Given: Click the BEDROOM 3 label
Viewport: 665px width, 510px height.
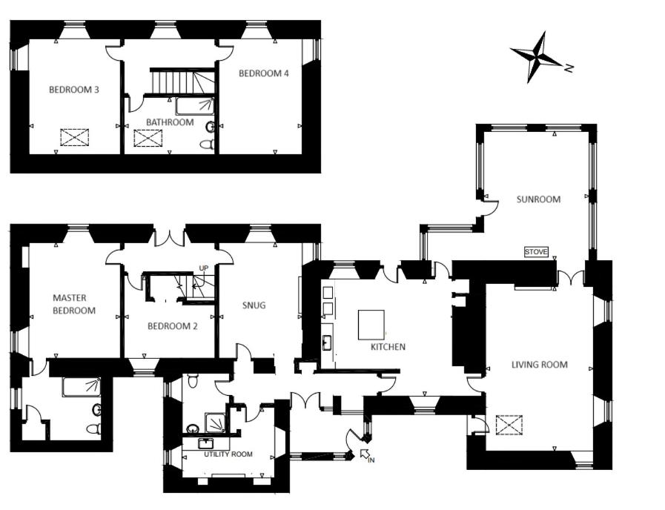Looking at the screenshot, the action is click(74, 90).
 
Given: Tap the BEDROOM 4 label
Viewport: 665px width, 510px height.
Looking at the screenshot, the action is click(264, 73).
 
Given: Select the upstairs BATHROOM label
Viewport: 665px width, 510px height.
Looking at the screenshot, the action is click(170, 122).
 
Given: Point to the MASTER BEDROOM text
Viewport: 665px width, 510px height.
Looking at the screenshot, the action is click(74, 304).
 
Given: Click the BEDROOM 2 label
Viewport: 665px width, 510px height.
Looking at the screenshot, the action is click(172, 326).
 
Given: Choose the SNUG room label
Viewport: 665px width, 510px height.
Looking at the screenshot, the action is click(254, 305).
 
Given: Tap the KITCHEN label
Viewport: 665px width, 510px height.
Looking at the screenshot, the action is click(388, 347).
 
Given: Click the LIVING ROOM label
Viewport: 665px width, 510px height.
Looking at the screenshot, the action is click(539, 365).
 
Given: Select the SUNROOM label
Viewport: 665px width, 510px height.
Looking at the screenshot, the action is click(538, 199).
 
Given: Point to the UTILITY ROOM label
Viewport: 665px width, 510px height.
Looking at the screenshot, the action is click(228, 454).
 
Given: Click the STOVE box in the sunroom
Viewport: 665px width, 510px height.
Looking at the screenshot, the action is click(536, 252).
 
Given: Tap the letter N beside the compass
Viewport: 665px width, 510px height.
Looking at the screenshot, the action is click(569, 67).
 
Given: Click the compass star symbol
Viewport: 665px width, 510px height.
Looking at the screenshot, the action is click(537, 56).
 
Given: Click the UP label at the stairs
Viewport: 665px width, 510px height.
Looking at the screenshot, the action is click(204, 268).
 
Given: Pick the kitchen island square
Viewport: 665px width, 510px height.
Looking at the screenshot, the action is click(371, 325).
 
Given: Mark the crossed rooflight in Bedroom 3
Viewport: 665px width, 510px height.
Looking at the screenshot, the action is click(75, 137).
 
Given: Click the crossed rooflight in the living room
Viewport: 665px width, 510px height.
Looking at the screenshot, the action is click(509, 425).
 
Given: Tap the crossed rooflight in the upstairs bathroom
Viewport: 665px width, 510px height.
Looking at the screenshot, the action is click(148, 138).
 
